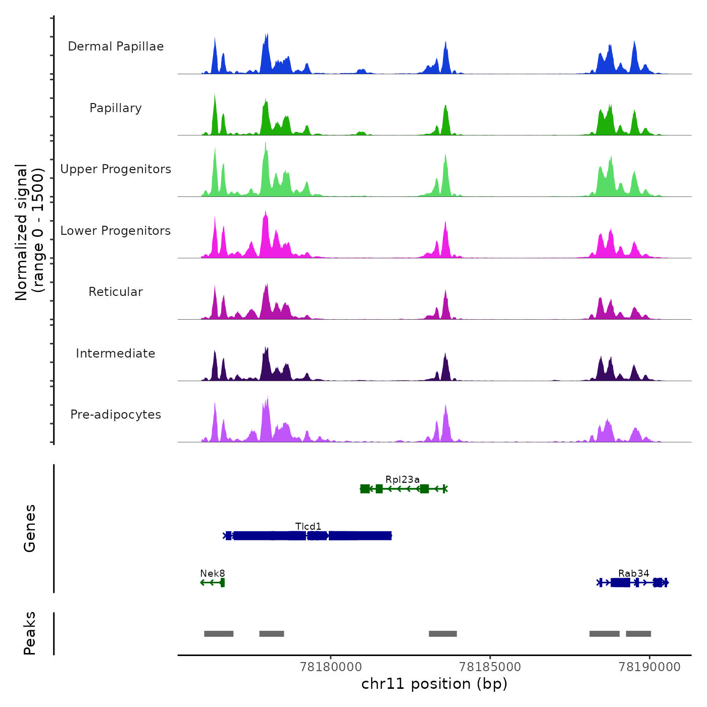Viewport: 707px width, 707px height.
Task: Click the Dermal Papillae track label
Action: point(116,46)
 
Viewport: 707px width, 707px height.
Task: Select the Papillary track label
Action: point(116,108)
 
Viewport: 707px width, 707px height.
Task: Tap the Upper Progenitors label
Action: point(116,169)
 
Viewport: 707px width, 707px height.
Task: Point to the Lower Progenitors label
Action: point(116,231)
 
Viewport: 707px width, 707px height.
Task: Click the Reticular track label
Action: point(116,292)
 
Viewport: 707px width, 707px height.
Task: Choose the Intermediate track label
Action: point(116,353)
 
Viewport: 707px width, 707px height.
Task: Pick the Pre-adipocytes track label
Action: point(116,415)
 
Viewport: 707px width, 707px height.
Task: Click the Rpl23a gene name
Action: point(402,480)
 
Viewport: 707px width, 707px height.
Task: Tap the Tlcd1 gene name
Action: point(308,527)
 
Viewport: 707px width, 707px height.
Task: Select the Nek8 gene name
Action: point(213,574)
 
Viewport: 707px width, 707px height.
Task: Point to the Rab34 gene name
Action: point(634,574)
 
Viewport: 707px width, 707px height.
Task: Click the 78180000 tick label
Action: point(331,667)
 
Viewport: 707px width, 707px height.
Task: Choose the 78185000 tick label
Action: point(490,667)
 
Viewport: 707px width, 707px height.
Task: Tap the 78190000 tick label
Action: point(649,667)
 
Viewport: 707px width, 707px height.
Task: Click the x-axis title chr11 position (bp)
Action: point(434,684)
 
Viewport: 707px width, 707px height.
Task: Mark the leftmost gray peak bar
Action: point(219,634)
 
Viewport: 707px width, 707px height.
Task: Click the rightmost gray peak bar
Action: point(638,634)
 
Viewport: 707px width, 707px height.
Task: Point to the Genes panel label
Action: point(30,528)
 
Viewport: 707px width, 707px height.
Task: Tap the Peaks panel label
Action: point(30,633)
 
